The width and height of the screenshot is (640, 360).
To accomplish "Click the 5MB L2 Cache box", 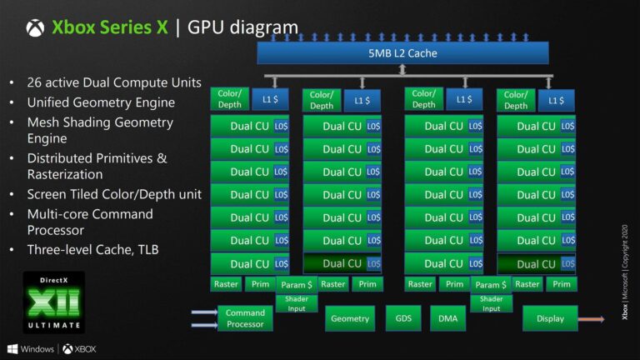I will (402, 53).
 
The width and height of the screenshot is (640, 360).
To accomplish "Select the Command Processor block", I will (245, 318).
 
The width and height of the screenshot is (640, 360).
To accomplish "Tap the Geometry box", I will (350, 318).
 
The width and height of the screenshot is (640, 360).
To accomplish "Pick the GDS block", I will (403, 318).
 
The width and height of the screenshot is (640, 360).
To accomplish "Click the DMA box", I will (447, 318).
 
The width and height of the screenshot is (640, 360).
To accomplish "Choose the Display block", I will (550, 318).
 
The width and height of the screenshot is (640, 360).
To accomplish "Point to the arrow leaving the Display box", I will (592, 318).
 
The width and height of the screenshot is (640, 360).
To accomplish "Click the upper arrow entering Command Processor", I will (203, 312).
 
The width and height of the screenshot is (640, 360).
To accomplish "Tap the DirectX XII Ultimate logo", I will (53, 302).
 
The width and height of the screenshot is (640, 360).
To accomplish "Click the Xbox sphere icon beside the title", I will (35, 27).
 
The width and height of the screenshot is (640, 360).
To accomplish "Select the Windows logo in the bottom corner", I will (12, 348).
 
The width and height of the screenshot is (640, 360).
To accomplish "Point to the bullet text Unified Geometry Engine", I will (101, 102).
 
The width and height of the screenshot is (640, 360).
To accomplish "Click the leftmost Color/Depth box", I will (229, 99).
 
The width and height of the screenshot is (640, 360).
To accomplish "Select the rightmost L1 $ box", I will (556, 100).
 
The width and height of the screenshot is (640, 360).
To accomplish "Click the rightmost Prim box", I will (562, 284).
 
